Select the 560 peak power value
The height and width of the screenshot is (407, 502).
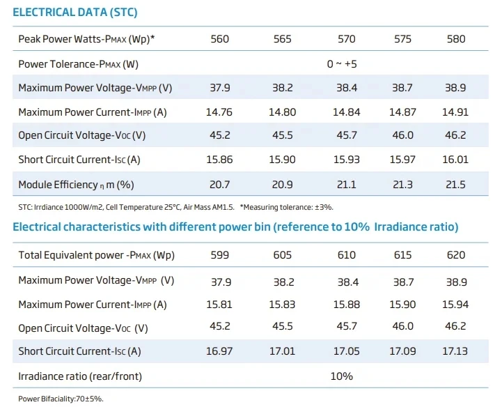pyautogui.click(x=219, y=39)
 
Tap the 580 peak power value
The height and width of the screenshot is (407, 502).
pyautogui.click(x=456, y=39)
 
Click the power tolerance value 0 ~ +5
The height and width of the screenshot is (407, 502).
pyautogui.click(x=342, y=64)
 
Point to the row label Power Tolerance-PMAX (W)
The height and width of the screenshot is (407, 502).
pyautogui.click(x=77, y=64)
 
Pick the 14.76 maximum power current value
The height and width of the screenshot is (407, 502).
pyautogui.click(x=219, y=112)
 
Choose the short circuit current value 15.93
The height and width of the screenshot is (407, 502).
pyautogui.click(x=346, y=160)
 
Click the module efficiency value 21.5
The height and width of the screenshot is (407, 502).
pyautogui.click(x=456, y=184)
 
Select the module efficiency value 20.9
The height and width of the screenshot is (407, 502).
pyautogui.click(x=282, y=184)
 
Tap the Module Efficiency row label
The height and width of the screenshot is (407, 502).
pyautogui.click(x=75, y=185)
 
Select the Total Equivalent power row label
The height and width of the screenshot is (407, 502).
pyautogui.click(x=96, y=255)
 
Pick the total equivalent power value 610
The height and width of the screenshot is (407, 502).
pyautogui.click(x=346, y=255)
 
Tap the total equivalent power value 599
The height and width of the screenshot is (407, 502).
pyautogui.click(x=219, y=255)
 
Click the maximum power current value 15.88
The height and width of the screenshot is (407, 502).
pyautogui.click(x=346, y=304)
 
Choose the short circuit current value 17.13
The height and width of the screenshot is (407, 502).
pyautogui.click(x=456, y=351)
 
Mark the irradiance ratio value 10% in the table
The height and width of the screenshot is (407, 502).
pyautogui.click(x=341, y=376)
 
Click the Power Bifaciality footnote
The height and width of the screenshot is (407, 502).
pyautogui.click(x=61, y=399)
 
